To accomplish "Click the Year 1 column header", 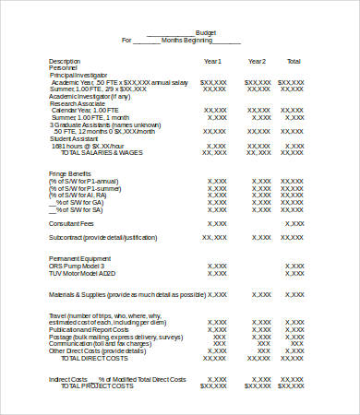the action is [213, 61].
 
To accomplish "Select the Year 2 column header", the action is [257, 61].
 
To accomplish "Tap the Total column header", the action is [294, 61].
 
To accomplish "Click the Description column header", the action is [65, 61].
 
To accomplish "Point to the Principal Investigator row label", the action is [78, 75].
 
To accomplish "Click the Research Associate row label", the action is [76, 103].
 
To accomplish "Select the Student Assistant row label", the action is [74, 138].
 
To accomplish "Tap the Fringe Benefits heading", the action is [70, 172].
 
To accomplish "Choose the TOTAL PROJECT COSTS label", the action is [97, 385].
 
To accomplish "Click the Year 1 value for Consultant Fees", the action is [215, 222].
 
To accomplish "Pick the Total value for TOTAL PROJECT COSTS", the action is [295, 385].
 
